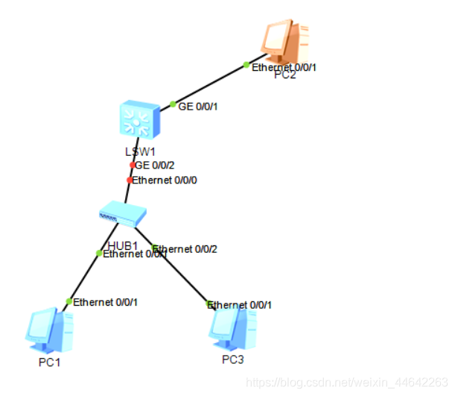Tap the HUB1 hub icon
pos(123,214)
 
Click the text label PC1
pos(49,363)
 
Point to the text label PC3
pos(232,360)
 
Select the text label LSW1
pos(140,151)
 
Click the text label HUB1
pos(123,245)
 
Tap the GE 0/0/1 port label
pos(198,107)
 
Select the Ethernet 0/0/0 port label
pos(165,180)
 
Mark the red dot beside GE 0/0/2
pos(133,165)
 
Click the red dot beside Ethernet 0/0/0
pos(130,180)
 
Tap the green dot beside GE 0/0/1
pos(173,104)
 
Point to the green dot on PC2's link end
pos(246,65)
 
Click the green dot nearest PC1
pos(69,301)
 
